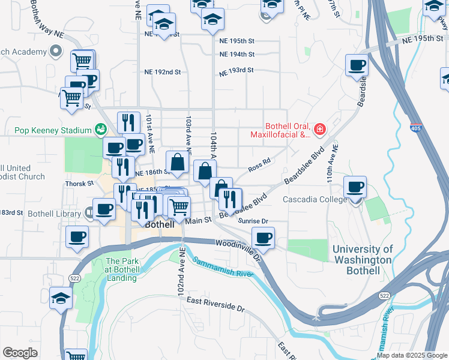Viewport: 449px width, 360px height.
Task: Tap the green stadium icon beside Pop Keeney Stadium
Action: point(101,130)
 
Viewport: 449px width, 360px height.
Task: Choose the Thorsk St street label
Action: point(79,184)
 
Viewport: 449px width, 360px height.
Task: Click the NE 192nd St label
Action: point(163,72)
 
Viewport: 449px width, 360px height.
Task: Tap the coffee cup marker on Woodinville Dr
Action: point(263,238)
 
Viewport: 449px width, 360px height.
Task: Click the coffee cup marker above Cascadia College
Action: point(355,186)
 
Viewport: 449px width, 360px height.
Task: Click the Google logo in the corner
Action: point(20,353)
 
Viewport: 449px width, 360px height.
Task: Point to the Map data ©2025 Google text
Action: point(411,355)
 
